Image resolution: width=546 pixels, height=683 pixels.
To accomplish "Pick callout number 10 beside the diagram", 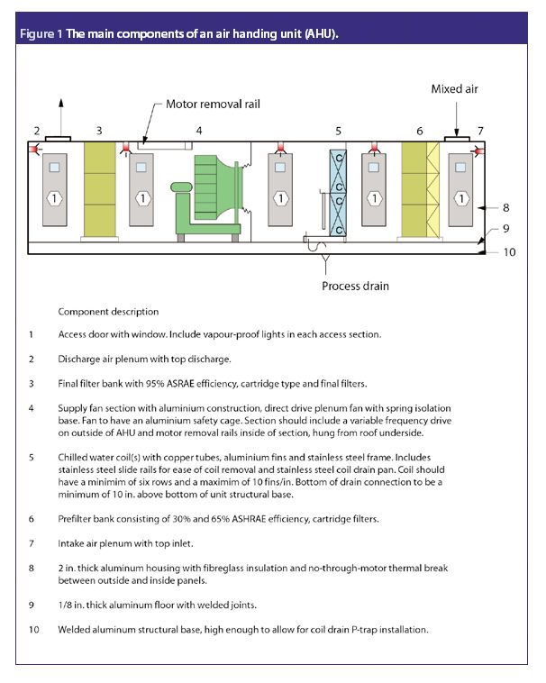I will (509, 252).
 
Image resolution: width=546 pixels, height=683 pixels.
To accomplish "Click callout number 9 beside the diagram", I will (506, 228).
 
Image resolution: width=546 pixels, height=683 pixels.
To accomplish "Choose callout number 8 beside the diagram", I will (506, 205).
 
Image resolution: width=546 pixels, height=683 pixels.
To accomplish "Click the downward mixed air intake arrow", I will (458, 122).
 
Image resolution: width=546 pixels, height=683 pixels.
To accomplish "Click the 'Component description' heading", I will (108, 312).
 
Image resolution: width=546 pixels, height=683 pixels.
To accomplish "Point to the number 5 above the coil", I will (338, 131).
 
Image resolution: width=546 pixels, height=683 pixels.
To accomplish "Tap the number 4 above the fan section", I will (199, 131).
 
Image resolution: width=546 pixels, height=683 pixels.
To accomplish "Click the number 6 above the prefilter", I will (419, 131).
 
